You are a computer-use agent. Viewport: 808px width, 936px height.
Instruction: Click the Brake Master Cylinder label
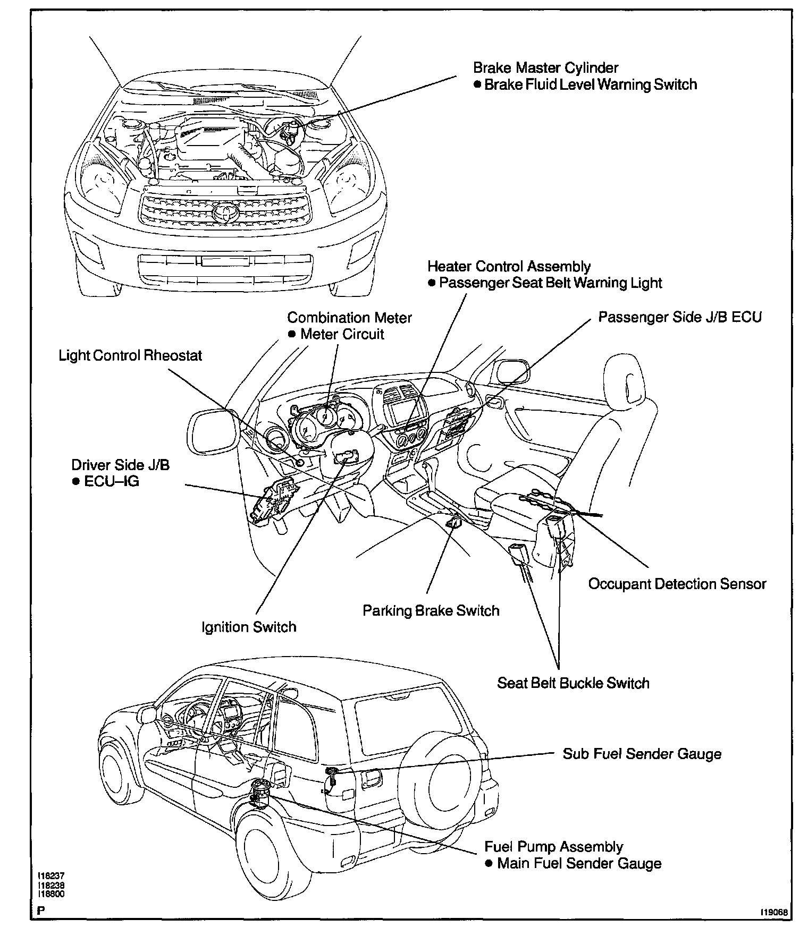pyautogui.click(x=545, y=68)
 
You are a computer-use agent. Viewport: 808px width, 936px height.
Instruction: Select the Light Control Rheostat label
pyautogui.click(x=130, y=355)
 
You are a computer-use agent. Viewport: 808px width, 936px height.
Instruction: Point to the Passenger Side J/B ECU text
pyautogui.click(x=680, y=317)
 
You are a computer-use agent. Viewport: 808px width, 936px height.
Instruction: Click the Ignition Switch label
pyautogui.click(x=249, y=627)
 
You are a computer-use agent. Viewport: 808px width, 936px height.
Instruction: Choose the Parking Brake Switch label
pyautogui.click(x=431, y=610)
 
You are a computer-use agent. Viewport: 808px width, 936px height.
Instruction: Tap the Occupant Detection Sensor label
pyautogui.click(x=677, y=584)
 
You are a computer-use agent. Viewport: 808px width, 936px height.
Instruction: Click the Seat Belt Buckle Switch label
pyautogui.click(x=573, y=683)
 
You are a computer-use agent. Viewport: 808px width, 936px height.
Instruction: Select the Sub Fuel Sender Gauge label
pyautogui.click(x=642, y=754)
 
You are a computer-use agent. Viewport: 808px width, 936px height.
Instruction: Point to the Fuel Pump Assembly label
pyautogui.click(x=553, y=847)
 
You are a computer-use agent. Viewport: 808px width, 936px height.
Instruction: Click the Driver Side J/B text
pyautogui.click(x=121, y=465)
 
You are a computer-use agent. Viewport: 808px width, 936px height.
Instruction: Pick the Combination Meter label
pyautogui.click(x=349, y=318)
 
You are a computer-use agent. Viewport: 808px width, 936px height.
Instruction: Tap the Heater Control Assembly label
pyautogui.click(x=509, y=266)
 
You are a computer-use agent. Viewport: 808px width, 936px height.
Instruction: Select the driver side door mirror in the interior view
pyautogui.click(x=211, y=432)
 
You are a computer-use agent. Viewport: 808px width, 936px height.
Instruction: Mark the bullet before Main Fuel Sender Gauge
pyautogui.click(x=489, y=863)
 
